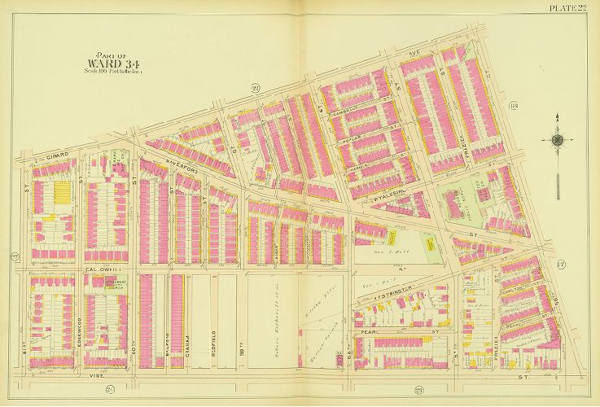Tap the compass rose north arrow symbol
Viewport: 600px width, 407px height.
coord(558,140)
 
